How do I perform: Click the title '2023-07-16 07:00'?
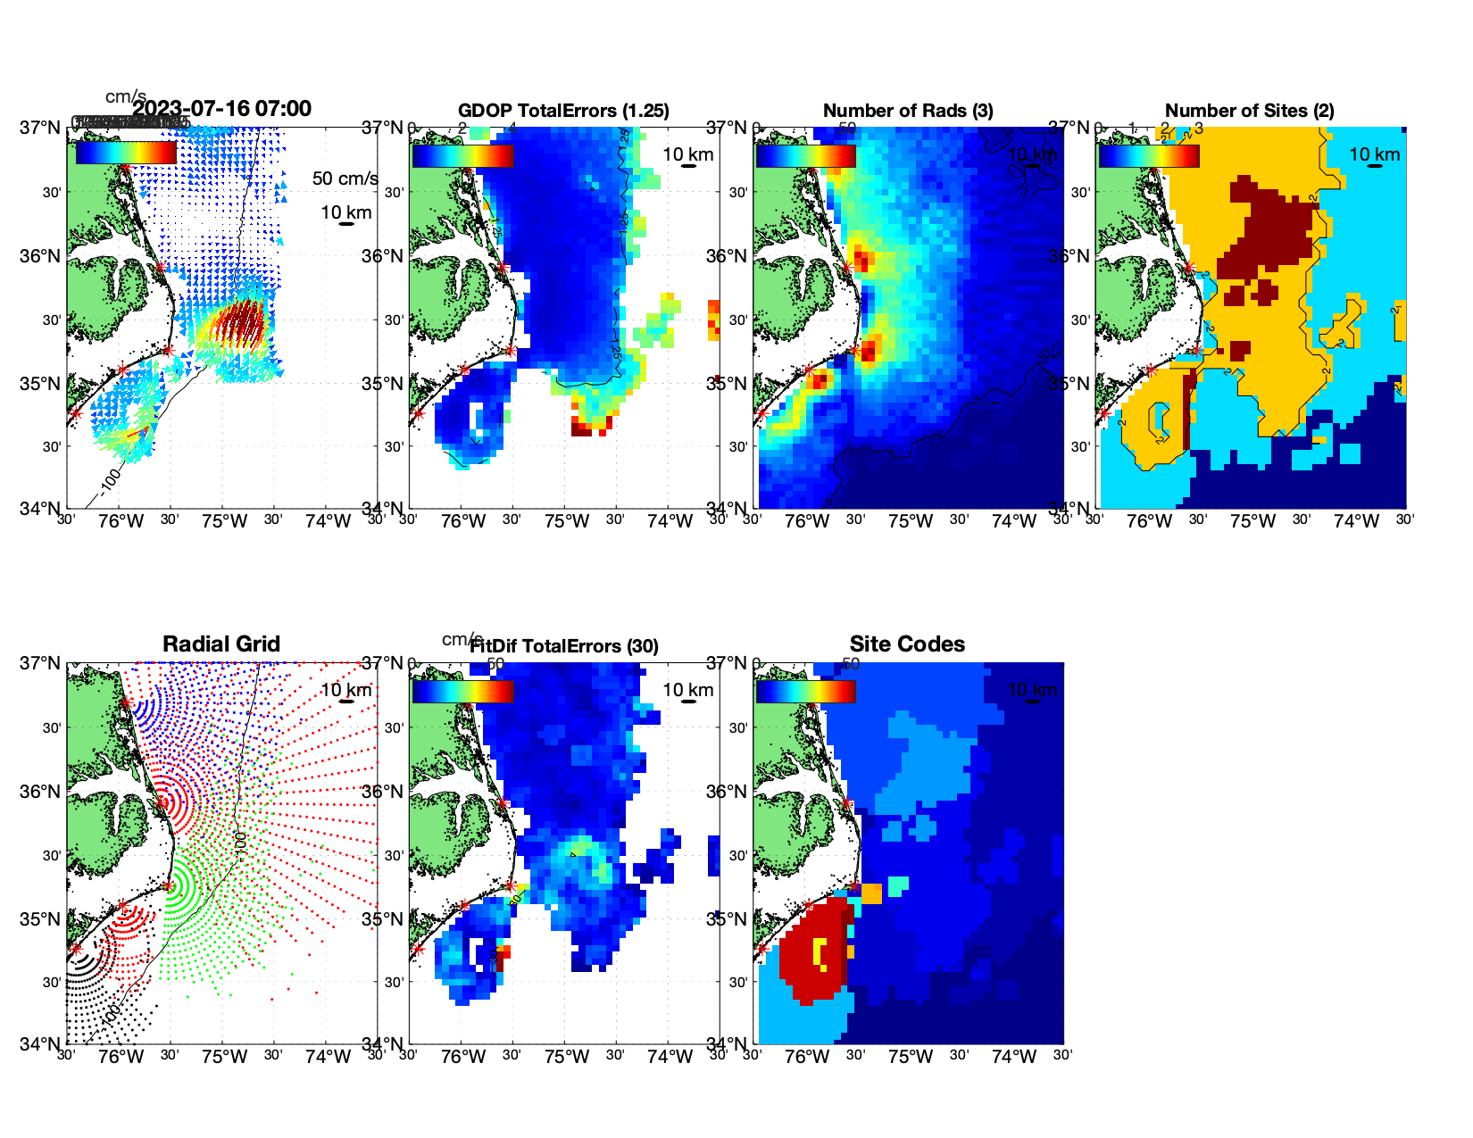pyautogui.click(x=222, y=109)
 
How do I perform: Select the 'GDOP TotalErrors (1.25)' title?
pyautogui.click(x=563, y=111)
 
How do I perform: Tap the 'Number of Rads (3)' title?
pyautogui.click(x=908, y=111)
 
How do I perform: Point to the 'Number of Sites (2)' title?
pyautogui.click(x=1250, y=111)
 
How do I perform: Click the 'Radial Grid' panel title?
pyautogui.click(x=221, y=644)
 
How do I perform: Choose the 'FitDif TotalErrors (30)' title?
pyautogui.click(x=564, y=646)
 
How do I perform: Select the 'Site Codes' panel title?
pyautogui.click(x=907, y=644)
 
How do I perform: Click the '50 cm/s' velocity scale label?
pyautogui.click(x=345, y=179)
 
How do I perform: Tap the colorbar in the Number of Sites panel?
pyautogui.click(x=1149, y=155)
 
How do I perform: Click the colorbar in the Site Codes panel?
pyautogui.click(x=805, y=691)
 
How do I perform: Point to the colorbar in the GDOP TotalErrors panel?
pyautogui.click(x=462, y=155)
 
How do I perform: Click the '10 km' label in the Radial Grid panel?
pyautogui.click(x=346, y=690)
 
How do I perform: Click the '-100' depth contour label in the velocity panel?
pyautogui.click(x=110, y=480)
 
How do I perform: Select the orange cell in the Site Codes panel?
pyautogui.click(x=871, y=893)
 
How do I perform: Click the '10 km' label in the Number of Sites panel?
pyautogui.click(x=1375, y=154)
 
